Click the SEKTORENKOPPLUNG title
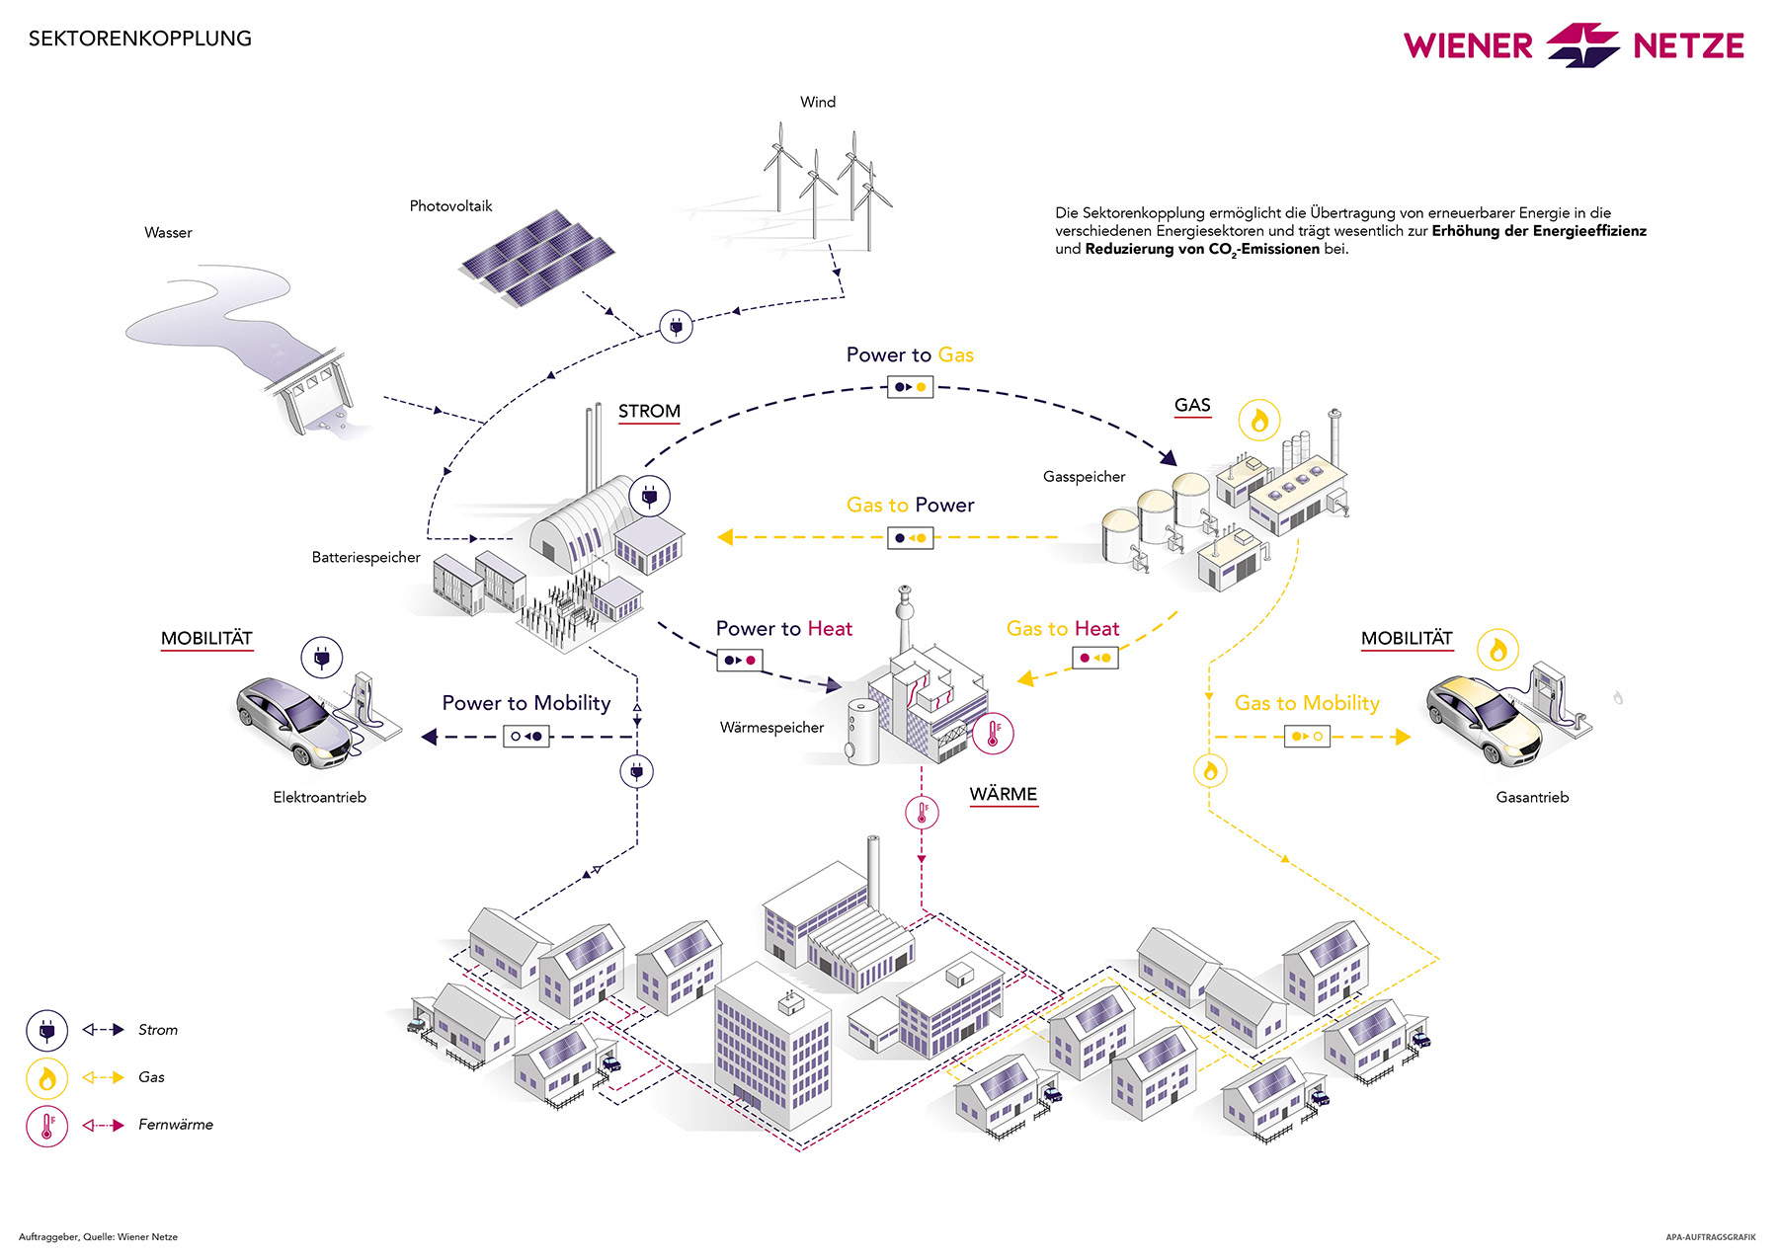(x=140, y=39)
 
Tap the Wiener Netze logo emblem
(x=1582, y=45)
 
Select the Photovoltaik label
(x=450, y=206)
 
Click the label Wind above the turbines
(x=818, y=102)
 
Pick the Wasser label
(x=168, y=233)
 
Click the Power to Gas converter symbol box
(x=910, y=387)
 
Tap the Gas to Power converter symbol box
(x=910, y=538)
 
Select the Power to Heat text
(x=783, y=629)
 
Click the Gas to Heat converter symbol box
(x=1095, y=658)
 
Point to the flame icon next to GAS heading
(x=1259, y=421)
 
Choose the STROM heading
(x=649, y=412)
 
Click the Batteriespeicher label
(x=365, y=558)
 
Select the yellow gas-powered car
(x=1484, y=719)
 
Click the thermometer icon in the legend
(x=46, y=1126)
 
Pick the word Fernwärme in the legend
(x=176, y=1125)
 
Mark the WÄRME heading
(x=1004, y=795)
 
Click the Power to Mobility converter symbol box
(x=525, y=737)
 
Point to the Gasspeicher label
(x=1084, y=477)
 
